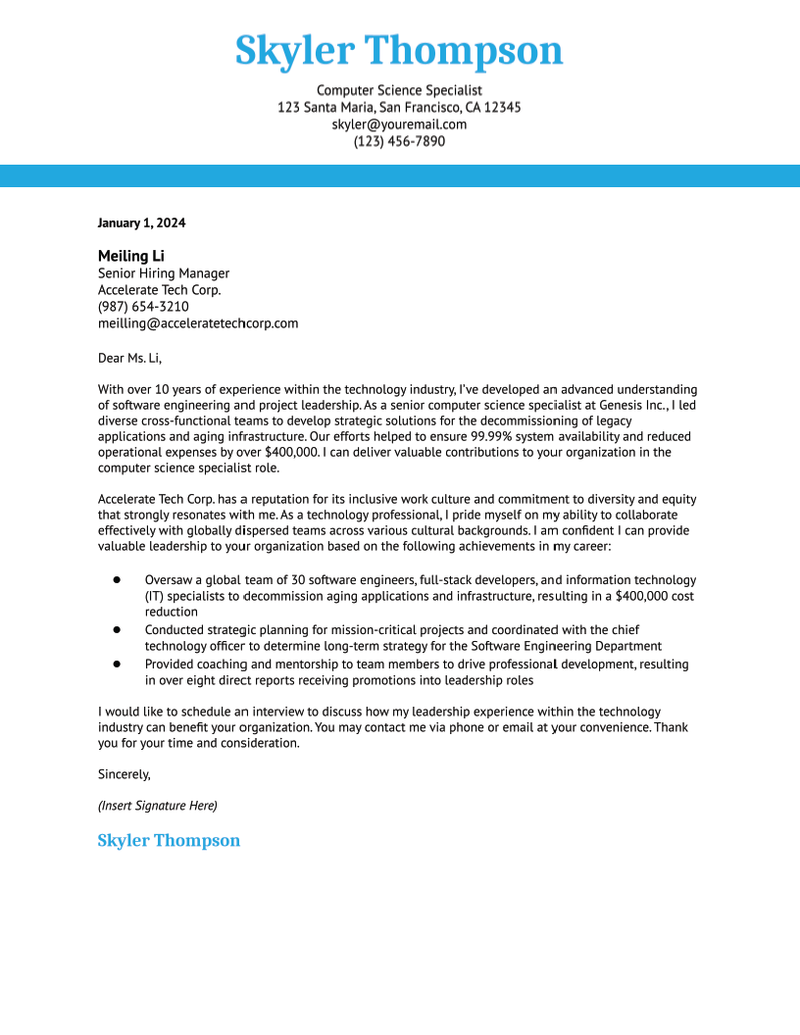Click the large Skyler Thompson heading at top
399,50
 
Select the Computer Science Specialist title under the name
399,90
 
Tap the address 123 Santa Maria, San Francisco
399,107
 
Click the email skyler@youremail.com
399,124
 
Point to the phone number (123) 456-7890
399,141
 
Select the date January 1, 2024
141,222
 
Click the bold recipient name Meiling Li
130,256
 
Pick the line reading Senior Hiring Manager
163,273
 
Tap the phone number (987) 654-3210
143,307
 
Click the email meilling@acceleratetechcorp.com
198,323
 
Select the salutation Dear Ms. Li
129,358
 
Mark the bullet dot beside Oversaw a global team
117,580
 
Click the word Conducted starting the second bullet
175,630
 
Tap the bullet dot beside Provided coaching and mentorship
117,664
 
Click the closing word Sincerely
124,774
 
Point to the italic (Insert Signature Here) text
157,806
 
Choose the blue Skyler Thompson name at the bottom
169,841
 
